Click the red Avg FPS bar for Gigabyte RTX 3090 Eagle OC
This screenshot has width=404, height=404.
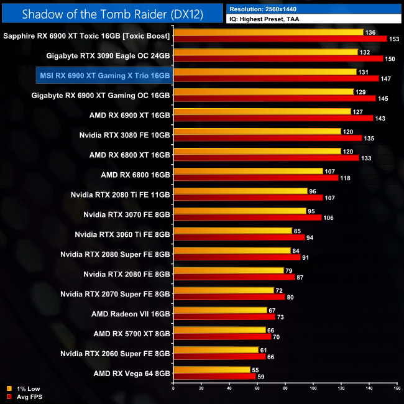278,59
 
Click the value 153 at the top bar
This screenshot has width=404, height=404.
393,39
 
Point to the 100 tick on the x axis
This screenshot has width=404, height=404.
313,388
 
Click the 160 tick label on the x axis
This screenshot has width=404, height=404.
397,388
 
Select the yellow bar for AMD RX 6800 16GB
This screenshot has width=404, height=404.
247,171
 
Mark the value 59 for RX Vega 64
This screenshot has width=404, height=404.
262,376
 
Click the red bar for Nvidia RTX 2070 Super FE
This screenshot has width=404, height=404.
229,297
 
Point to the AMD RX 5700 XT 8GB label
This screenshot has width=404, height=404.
132,333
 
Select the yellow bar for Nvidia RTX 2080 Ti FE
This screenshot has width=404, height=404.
240,191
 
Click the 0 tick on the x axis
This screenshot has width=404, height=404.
173,388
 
